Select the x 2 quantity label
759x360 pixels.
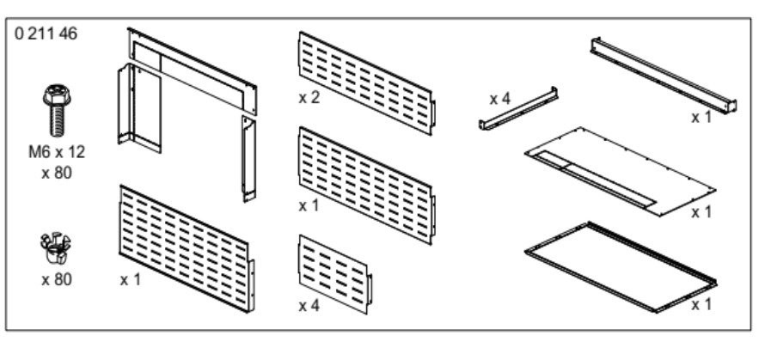(x=309, y=98)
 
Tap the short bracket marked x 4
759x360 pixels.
(x=518, y=108)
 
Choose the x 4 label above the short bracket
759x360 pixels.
(x=500, y=98)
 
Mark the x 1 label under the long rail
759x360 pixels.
(x=701, y=117)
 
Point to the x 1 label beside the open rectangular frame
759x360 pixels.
(x=701, y=305)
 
